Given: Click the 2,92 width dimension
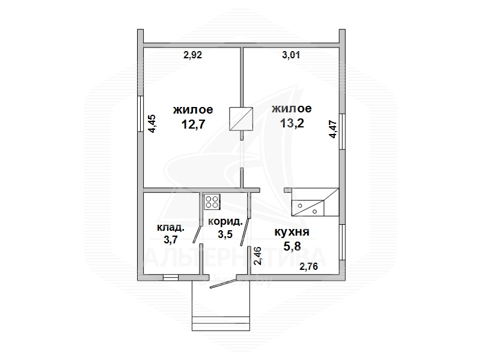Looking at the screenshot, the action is tap(192, 55).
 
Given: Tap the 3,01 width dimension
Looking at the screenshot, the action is tap(291, 55).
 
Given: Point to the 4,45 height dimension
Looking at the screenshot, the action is tap(152, 124).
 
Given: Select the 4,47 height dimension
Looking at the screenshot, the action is tap(333, 130).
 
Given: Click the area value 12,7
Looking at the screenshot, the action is tap(193, 124).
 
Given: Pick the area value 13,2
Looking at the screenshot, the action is tap(292, 123).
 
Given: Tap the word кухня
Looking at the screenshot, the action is tap(292, 232).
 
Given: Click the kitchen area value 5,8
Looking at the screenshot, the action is tap(292, 246).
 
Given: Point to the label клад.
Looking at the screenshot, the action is tap(171, 228).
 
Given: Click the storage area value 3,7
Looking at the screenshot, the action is tap(171, 239).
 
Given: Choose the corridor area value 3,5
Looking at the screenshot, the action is tap(225, 234).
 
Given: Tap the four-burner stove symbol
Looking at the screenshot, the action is tap(212, 202).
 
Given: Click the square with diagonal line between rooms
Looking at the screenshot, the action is tap(241, 118).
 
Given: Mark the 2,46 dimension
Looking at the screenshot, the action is tap(258, 256).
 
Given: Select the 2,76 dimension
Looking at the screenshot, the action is tap(308, 266).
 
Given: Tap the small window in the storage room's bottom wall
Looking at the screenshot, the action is tap(171, 278).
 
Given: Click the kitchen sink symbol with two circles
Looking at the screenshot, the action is tap(308, 208).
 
